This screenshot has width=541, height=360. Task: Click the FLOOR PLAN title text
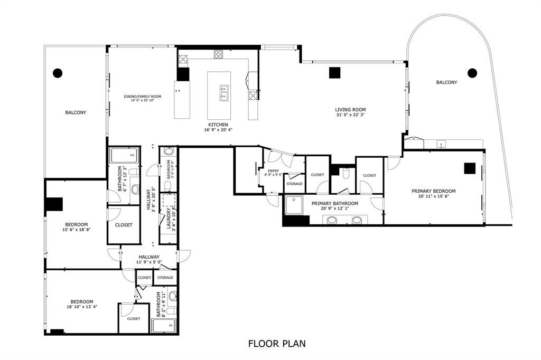277,344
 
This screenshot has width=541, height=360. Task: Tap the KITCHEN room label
218,125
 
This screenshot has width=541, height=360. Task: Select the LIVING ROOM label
351,109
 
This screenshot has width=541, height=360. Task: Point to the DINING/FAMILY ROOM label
143,97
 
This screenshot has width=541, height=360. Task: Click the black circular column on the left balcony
57,73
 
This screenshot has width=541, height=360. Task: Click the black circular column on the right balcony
472,73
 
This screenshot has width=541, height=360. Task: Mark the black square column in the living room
334,73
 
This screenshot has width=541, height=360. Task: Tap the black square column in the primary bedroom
470,168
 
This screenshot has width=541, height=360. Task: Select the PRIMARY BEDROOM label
434,191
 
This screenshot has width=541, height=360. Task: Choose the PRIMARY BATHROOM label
334,203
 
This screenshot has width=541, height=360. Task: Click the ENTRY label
273,170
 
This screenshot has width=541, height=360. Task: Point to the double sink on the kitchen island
224,93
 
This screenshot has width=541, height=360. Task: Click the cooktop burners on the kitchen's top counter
219,54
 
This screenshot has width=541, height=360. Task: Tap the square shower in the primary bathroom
293,205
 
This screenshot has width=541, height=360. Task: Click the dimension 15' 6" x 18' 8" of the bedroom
76,230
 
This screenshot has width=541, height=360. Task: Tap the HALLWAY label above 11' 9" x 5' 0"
149,257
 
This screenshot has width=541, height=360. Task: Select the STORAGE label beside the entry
294,184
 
